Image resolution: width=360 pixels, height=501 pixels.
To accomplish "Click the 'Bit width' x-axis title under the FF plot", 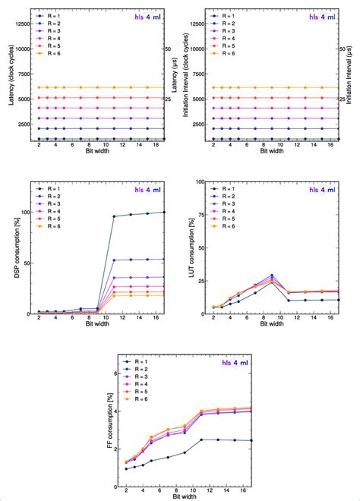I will (181, 496).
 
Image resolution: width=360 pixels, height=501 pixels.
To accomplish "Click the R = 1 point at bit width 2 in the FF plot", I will (126, 469).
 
